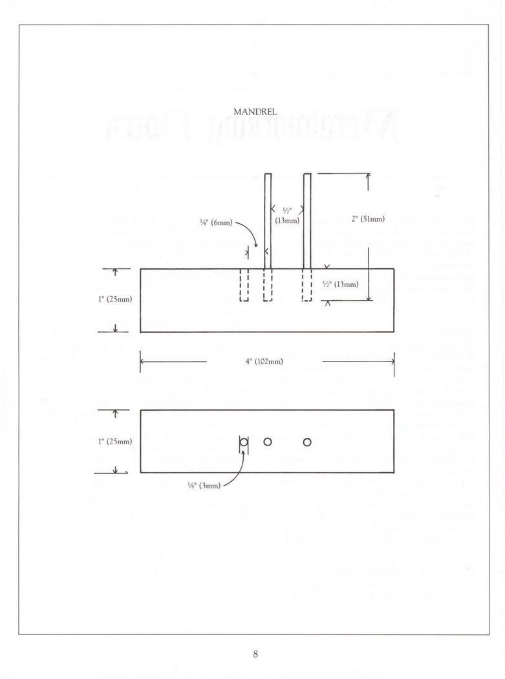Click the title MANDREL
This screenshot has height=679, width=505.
pos(259,112)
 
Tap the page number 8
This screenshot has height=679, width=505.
pos(256,654)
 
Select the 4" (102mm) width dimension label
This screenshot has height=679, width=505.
pos(264,361)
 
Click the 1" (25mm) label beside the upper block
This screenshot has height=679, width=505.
pos(115,299)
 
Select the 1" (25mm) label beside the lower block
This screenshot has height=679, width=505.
pos(115,442)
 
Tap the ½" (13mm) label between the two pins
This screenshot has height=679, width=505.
pos(286,215)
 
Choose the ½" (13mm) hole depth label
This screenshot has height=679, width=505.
pos(340,285)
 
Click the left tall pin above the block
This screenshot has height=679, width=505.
pos(268,221)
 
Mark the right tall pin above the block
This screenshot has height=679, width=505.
pos(307,221)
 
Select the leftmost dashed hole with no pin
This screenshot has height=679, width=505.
pos(244,285)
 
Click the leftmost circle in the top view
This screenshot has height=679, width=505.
pos(244,442)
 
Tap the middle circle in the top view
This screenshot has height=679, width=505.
pos(267,442)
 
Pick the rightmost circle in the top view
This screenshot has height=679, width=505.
pos(307,442)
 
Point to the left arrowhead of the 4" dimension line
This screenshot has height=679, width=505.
pos(143,361)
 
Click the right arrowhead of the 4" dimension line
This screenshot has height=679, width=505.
pos(392,361)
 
